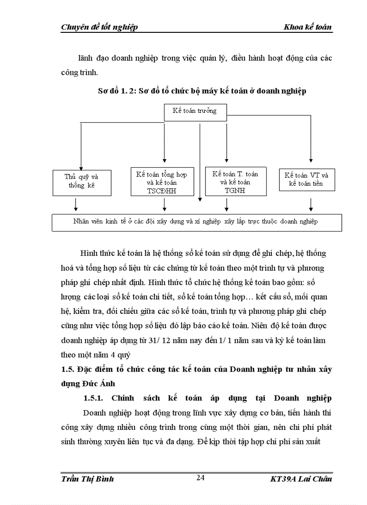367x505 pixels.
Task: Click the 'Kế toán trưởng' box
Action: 194,111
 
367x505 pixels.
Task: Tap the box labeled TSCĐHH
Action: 161,182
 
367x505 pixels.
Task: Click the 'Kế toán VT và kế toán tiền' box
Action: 306,179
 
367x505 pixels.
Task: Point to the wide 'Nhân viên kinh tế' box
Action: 196,222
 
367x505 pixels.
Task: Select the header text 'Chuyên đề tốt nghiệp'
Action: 99,27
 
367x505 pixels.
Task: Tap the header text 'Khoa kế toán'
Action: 308,27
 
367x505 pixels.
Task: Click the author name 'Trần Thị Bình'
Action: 87,478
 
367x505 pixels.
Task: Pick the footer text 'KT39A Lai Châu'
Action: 299,478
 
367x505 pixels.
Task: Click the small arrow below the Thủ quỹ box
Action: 76,206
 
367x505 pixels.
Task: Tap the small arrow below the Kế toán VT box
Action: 310,206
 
